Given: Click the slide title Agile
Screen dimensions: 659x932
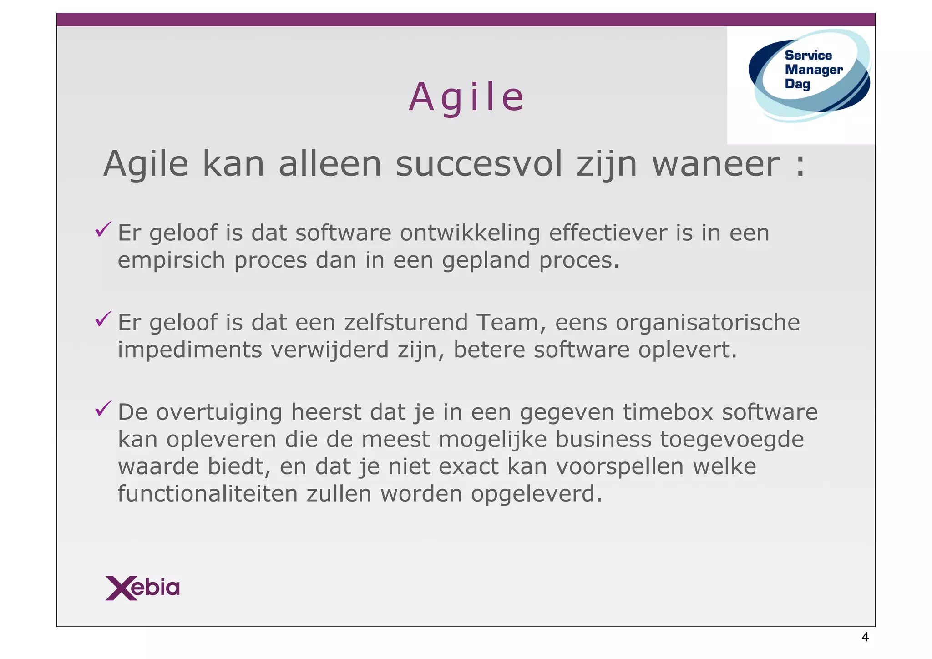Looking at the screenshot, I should click(466, 97).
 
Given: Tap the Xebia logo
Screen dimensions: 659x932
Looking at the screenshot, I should click(142, 588).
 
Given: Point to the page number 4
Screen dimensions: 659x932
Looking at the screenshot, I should click(865, 637).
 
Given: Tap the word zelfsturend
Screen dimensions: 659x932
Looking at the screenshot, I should click(406, 323).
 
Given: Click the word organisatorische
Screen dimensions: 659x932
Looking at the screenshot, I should click(708, 323).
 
